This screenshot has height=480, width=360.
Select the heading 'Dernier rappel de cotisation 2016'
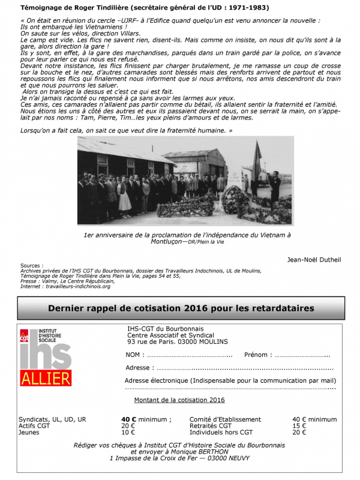click(x=180, y=308)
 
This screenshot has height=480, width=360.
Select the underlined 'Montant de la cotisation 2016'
click(x=179, y=400)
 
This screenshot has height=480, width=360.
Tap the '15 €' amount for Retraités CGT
click(x=299, y=426)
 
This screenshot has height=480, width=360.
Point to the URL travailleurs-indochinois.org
click(x=79, y=287)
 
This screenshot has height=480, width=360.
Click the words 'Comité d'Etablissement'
click(x=225, y=419)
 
